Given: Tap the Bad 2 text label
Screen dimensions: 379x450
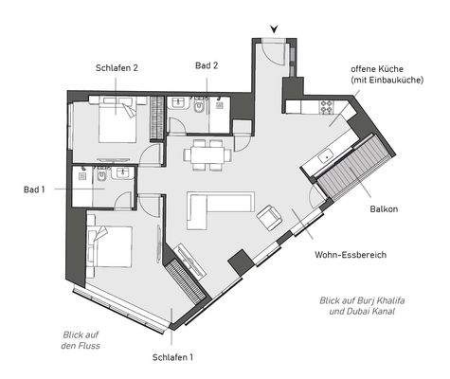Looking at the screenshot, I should coord(207,65).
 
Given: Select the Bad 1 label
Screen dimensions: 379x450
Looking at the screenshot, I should coord(34,189).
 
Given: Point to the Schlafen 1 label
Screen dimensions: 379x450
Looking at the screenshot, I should coord(172,357).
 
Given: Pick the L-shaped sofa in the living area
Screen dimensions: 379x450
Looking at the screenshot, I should coord(218,204).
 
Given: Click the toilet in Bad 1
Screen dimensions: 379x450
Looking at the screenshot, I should coord(99,175).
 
